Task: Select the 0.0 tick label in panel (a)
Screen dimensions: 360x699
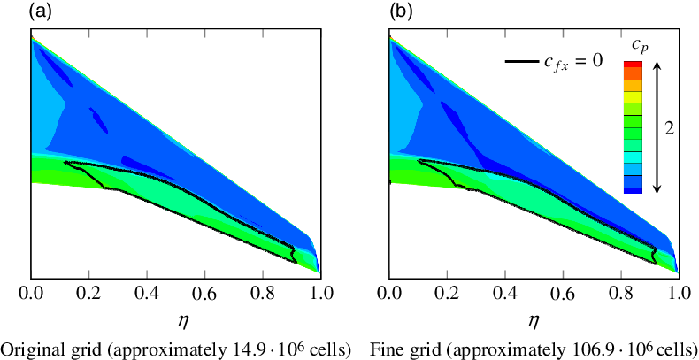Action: click(x=31, y=291)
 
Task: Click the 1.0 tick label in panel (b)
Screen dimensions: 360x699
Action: click(x=678, y=291)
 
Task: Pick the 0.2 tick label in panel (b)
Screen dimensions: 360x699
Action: click(x=447, y=291)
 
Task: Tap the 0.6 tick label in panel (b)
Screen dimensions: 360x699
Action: click(x=563, y=291)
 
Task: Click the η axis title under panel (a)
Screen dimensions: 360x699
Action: click(x=175, y=315)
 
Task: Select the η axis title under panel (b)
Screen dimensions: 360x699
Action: click(x=534, y=315)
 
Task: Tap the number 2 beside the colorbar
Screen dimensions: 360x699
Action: click(x=670, y=127)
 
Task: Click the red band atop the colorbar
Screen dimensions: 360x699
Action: click(x=633, y=65)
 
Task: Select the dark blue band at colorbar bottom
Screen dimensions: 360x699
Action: click(x=633, y=188)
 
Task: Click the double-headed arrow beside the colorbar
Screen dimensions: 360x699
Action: click(x=656, y=127)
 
